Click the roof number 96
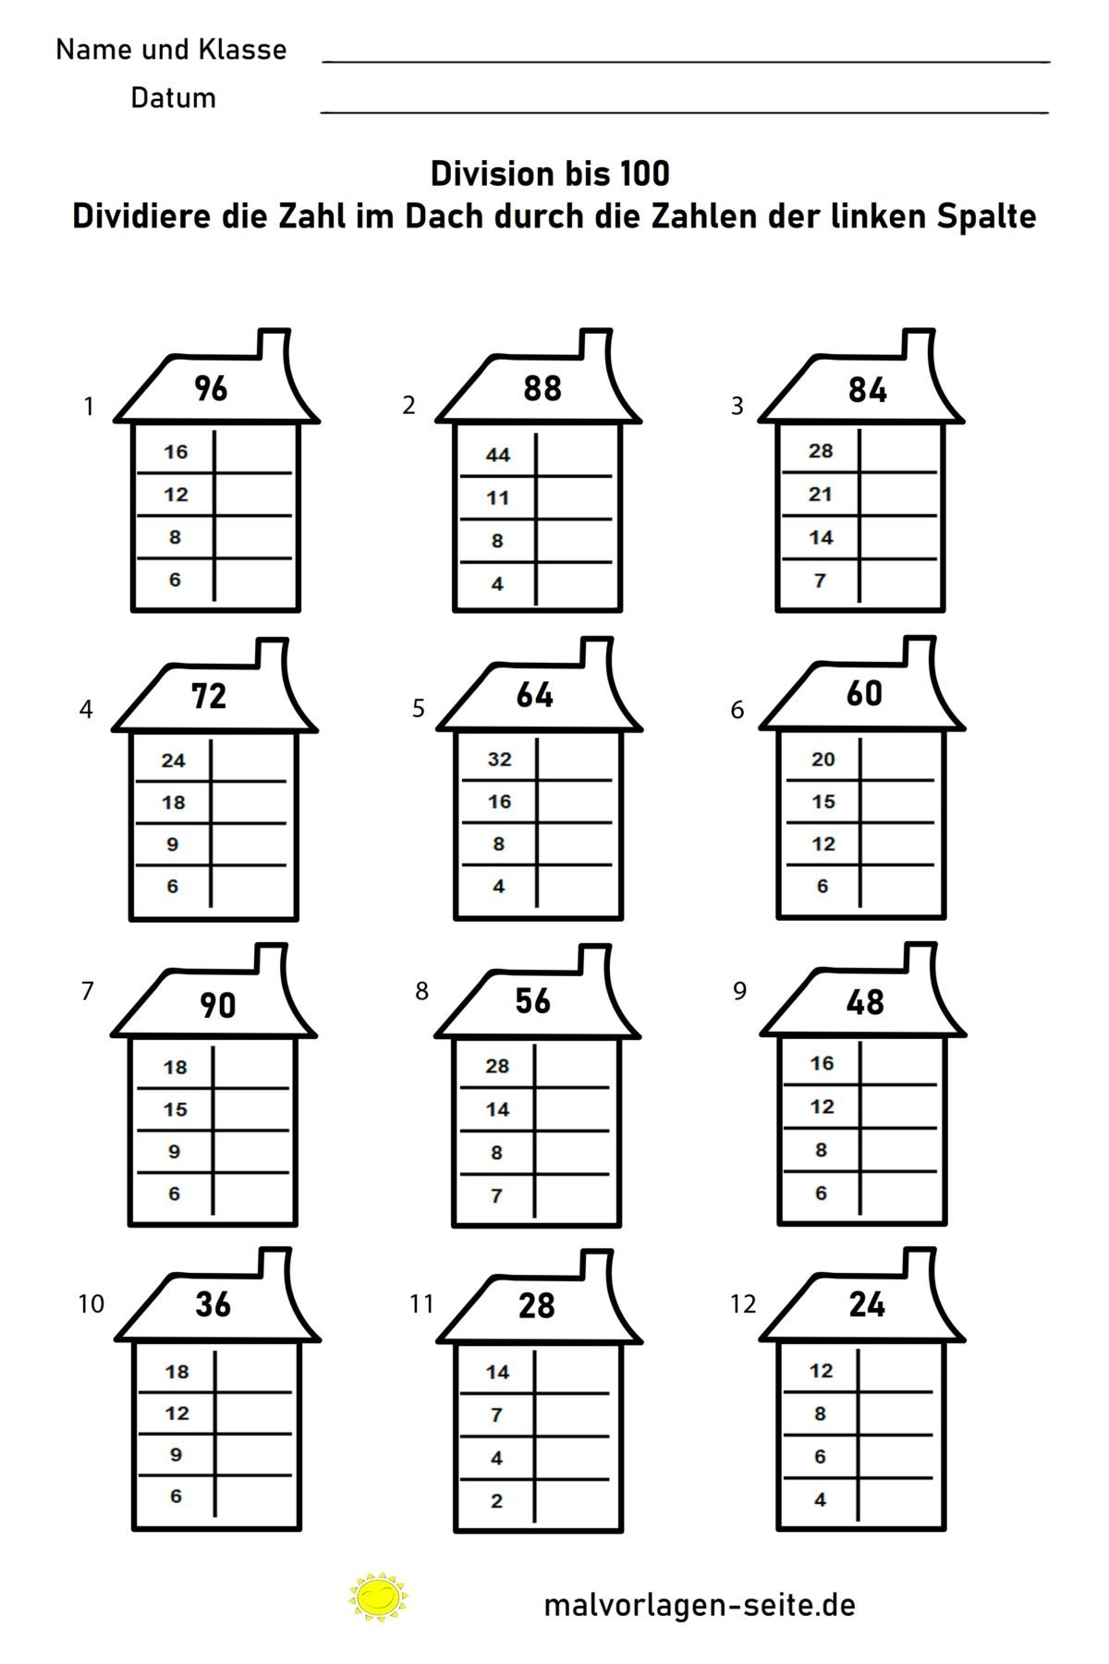click(x=211, y=388)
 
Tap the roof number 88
click(x=542, y=388)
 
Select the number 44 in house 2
click(x=498, y=455)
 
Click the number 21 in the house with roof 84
click(x=821, y=495)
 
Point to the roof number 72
click(x=209, y=696)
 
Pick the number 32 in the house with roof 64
click(x=499, y=759)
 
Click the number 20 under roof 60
click(x=823, y=759)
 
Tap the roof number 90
click(x=218, y=1005)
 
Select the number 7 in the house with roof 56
click(x=496, y=1196)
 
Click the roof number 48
click(x=865, y=1002)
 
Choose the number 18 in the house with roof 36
click(x=177, y=1372)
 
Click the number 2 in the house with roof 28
click(x=497, y=1500)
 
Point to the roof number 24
click(x=867, y=1304)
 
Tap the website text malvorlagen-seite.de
click(x=700, y=1605)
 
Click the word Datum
click(x=173, y=98)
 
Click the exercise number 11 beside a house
click(x=421, y=1303)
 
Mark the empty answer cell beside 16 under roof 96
click(x=253, y=451)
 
